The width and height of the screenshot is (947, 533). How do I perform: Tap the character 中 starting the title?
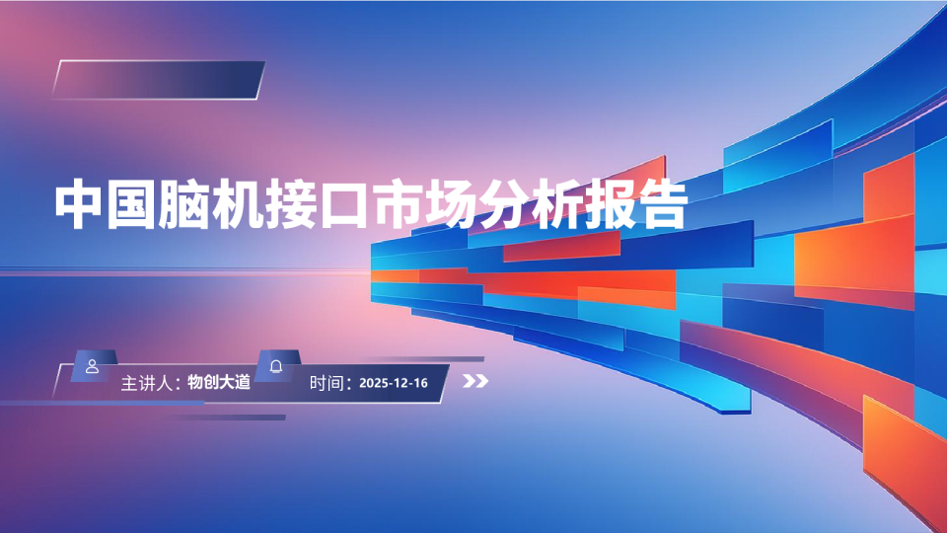pos(79,204)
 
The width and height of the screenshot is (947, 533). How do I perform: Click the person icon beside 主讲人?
pos(93,366)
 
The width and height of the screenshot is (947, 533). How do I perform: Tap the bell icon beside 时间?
pos(276,366)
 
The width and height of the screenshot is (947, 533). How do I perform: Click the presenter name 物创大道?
pos(219,382)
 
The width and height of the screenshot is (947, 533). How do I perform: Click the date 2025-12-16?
pos(394,383)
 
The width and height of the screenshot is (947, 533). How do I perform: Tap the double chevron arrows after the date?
pos(475,383)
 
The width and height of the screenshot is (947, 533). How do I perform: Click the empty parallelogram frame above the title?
pos(159,80)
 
